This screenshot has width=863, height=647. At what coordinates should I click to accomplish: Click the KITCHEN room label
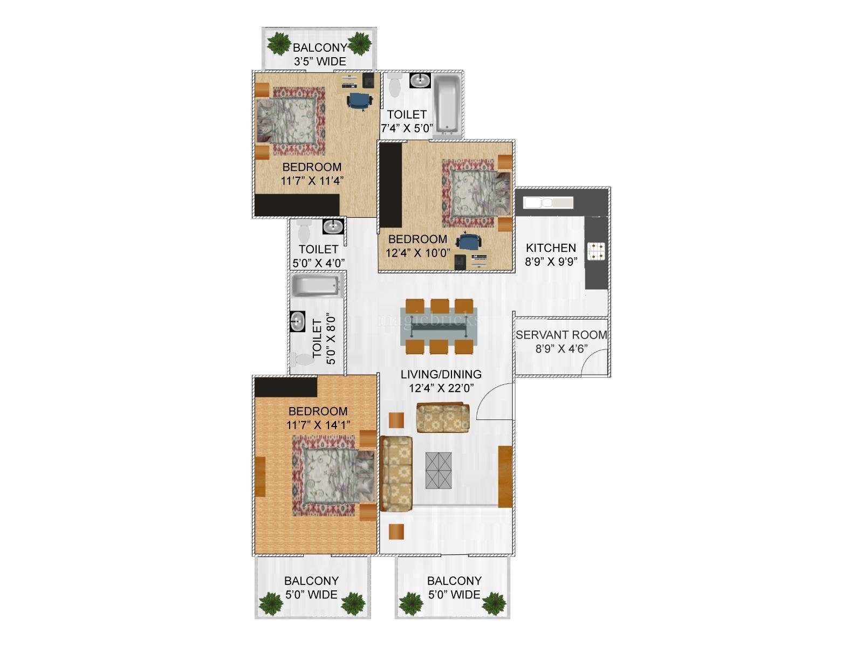pos(551,248)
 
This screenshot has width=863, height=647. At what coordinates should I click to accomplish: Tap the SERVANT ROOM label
pos(561,335)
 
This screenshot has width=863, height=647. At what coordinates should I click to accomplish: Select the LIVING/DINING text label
pos(441,374)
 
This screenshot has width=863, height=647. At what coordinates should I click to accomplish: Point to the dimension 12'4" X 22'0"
pos(441,388)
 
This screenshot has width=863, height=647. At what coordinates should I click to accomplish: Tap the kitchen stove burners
pos(596,251)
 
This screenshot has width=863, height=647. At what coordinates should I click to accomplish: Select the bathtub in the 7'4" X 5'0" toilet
pos(448,103)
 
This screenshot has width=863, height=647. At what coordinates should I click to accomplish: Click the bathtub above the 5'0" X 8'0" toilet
pos(315,286)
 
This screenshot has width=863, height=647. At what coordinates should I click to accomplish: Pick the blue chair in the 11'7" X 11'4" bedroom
pos(359,101)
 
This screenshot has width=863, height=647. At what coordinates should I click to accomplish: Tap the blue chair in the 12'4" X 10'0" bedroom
pos(469,241)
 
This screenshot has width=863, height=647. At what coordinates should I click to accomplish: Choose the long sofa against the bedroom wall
pos(396,474)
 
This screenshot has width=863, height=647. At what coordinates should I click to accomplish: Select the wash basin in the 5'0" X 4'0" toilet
pos(333,226)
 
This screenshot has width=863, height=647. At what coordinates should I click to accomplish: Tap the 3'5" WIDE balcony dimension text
pos(320,61)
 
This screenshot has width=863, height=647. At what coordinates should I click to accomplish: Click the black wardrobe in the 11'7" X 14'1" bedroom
pos(286,387)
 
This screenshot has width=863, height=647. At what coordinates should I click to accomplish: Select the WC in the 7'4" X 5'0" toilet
pos(394,85)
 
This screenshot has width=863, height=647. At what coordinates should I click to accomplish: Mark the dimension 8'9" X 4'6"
pos(561,349)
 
